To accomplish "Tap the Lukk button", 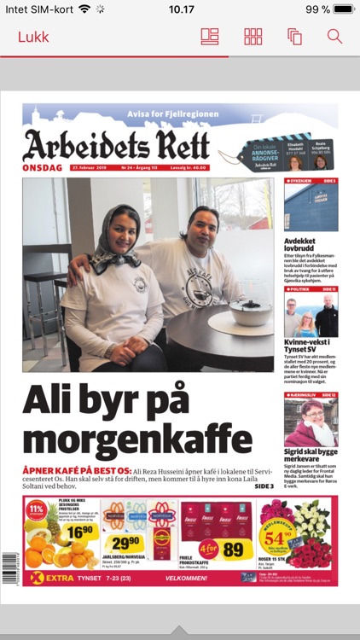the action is click(33, 37).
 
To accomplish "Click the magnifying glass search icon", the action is click(334, 37).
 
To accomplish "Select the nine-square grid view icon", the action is click(253, 37).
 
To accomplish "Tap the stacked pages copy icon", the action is click(295, 37).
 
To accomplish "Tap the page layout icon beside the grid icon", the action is click(210, 37).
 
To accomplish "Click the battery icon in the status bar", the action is click(344, 9).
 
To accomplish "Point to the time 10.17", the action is click(181, 9).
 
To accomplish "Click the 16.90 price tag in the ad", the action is click(79, 532).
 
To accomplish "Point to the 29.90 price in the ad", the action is click(125, 543).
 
